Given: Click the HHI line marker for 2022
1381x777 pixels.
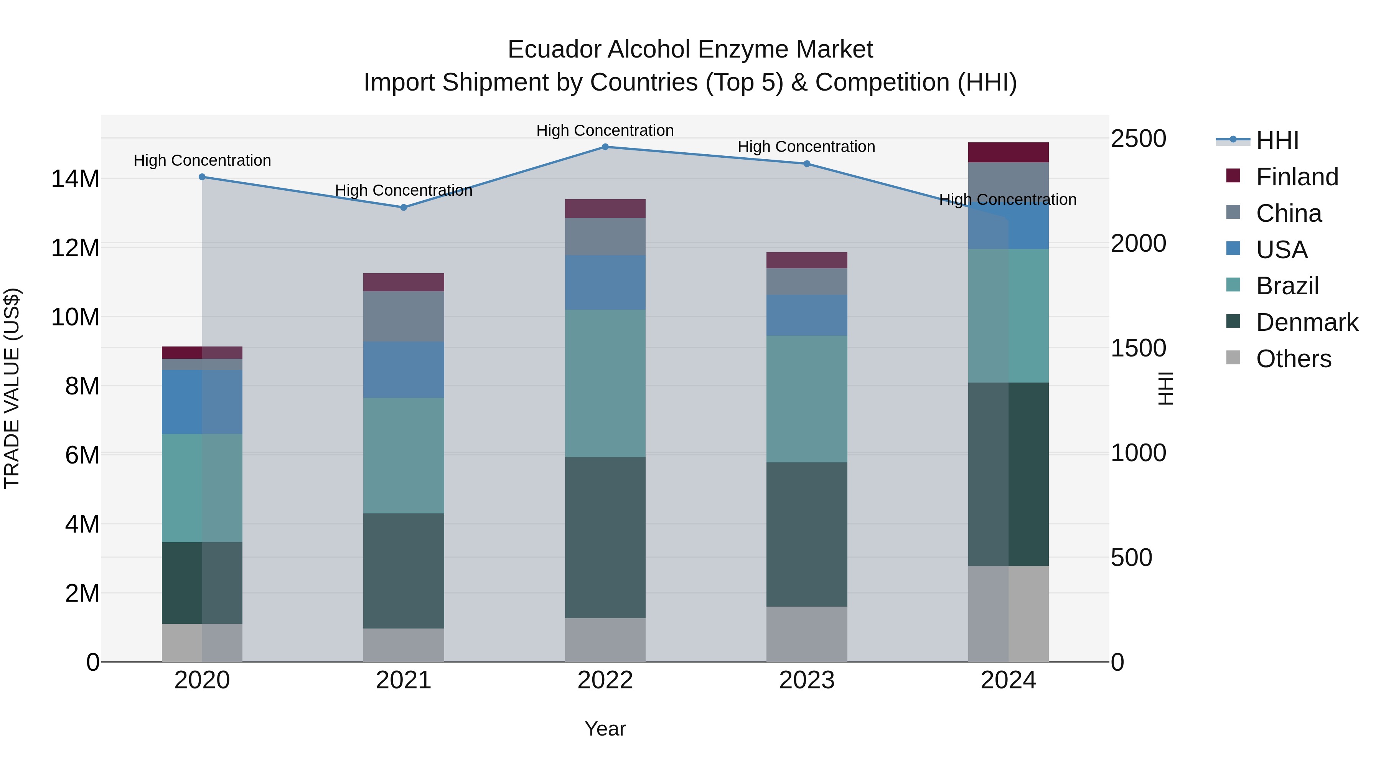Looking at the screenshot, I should tap(605, 147).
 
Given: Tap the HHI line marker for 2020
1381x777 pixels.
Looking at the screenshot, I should tap(202, 177).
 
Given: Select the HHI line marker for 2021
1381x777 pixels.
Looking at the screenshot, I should tap(404, 208).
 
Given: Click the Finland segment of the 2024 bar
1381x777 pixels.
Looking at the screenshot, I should tap(1009, 153).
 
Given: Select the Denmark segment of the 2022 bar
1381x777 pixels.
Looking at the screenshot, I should tap(605, 537).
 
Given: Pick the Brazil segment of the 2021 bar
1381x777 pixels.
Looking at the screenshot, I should tap(404, 456).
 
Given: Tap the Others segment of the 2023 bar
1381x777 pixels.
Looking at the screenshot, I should tap(807, 634).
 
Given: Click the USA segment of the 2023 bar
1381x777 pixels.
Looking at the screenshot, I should tap(807, 315).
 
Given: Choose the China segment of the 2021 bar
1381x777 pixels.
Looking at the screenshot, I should tap(404, 317).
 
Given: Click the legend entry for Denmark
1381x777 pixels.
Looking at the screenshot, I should tap(1307, 323).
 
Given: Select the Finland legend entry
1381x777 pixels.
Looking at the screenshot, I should tap(1297, 177).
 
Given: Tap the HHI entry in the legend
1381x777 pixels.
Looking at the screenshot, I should tap(1277, 140).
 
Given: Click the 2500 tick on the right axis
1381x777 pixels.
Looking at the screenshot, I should tap(1138, 139).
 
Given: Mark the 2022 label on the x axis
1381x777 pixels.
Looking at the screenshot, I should tap(605, 680).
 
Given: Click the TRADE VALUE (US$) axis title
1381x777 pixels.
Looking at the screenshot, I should tap(12, 388).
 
